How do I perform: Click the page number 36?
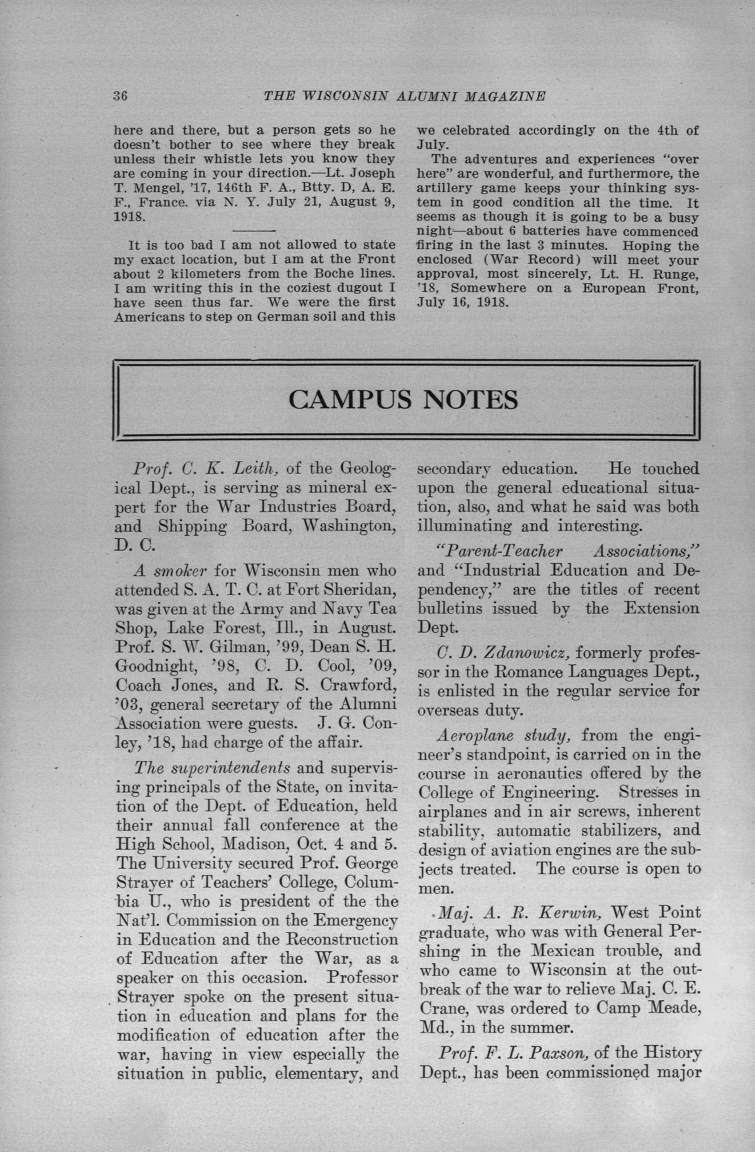(x=120, y=96)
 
